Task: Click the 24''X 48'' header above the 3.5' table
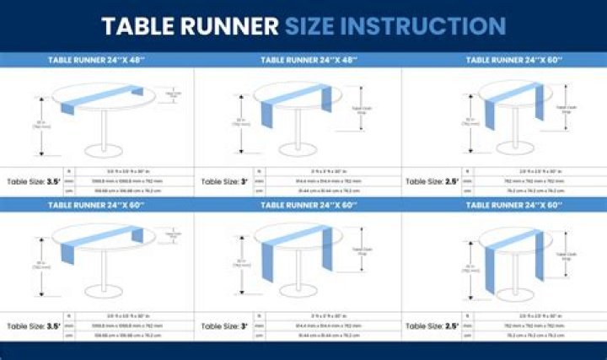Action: [97, 60]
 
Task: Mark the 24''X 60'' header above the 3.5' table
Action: [97, 204]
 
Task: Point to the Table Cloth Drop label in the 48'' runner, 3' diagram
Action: [359, 110]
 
